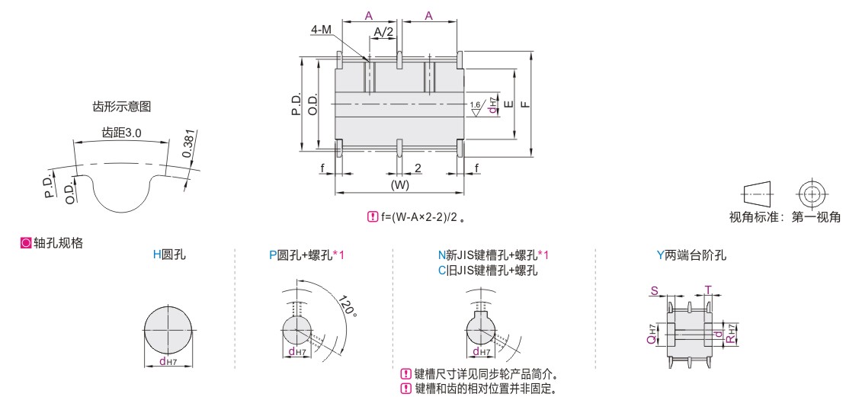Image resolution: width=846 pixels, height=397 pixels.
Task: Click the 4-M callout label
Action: click(322, 30)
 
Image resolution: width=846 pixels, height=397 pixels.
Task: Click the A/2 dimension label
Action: click(383, 32)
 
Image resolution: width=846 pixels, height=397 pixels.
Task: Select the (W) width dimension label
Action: click(400, 184)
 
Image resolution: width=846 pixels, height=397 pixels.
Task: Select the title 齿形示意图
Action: click(122, 107)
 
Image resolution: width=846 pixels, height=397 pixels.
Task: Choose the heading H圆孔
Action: click(169, 255)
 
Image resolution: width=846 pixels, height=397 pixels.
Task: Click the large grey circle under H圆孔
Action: click(169, 329)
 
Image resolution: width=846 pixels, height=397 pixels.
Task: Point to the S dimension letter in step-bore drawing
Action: click(655, 291)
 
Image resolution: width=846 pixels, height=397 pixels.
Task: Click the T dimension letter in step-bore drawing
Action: click(708, 291)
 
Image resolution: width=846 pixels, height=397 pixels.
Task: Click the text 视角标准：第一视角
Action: click(784, 217)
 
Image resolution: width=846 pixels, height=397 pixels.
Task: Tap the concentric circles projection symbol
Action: click(810, 193)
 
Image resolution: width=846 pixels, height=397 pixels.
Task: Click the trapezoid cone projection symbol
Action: click(758, 193)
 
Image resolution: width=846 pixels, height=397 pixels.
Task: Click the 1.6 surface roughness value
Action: click(475, 104)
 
